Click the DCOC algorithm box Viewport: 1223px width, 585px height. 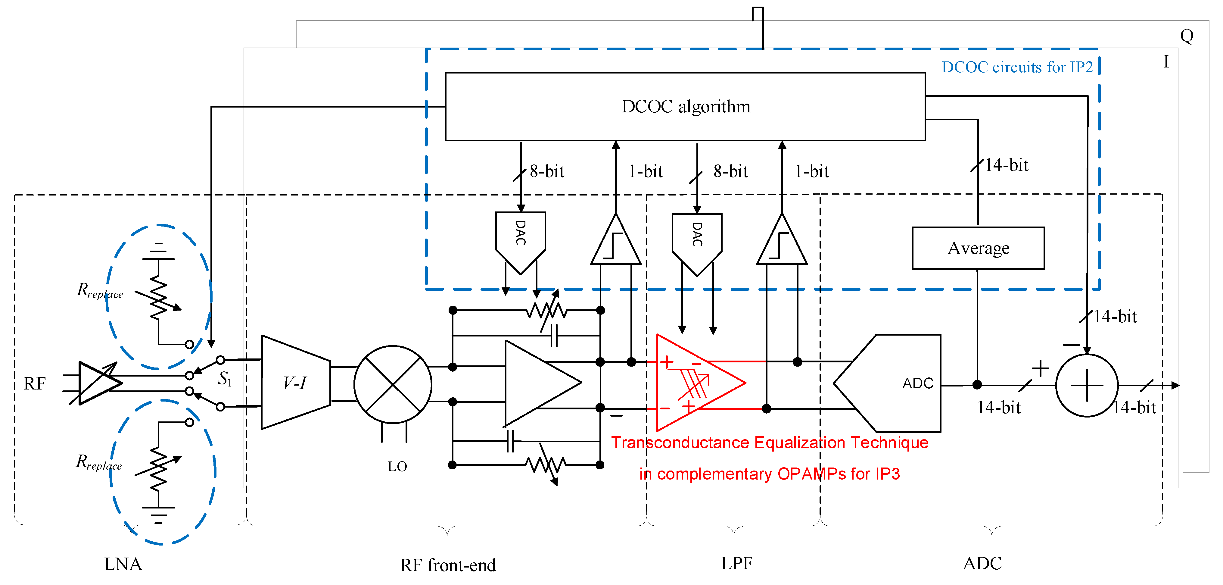(x=685, y=106)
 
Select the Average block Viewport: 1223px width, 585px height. (x=978, y=248)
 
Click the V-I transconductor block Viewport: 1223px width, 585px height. (x=295, y=382)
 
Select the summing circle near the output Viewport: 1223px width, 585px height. (x=1086, y=385)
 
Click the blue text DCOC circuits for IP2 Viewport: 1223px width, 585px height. (x=1017, y=67)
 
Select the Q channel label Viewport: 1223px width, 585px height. (x=1187, y=36)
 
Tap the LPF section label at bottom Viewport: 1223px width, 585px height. (x=736, y=563)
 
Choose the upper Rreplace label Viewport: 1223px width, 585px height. (x=100, y=290)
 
